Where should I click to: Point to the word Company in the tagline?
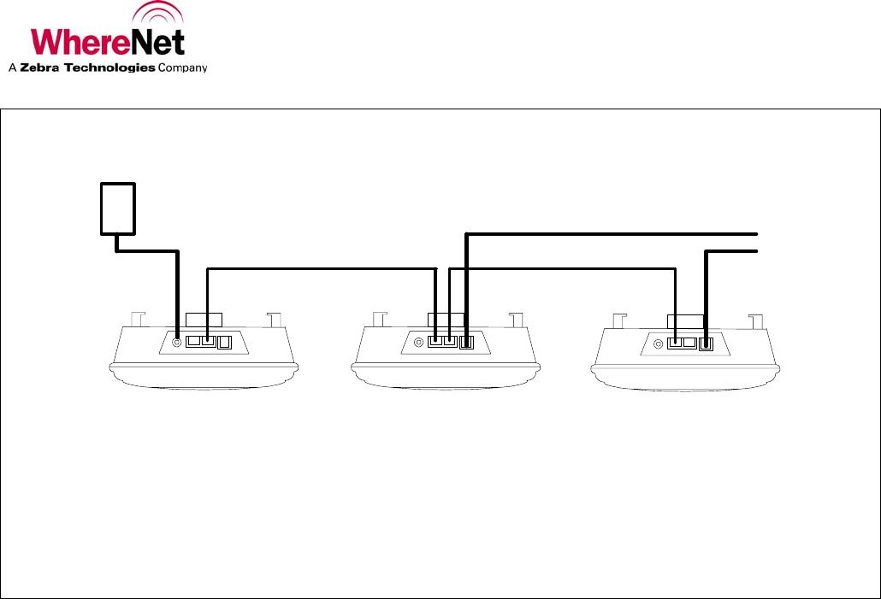point(183,68)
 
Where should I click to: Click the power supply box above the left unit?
point(118,208)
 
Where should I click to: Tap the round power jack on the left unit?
point(177,342)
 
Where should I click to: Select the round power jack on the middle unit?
point(418,343)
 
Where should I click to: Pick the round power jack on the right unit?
point(658,344)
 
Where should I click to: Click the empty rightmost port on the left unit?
point(225,343)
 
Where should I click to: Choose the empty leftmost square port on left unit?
point(192,341)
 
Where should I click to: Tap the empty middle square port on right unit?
point(689,343)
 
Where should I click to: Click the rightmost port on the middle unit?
point(466,344)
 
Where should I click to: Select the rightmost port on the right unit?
point(706,344)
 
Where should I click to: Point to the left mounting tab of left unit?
point(136,319)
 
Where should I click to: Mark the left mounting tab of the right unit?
point(618,320)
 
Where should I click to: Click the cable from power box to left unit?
point(176,291)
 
